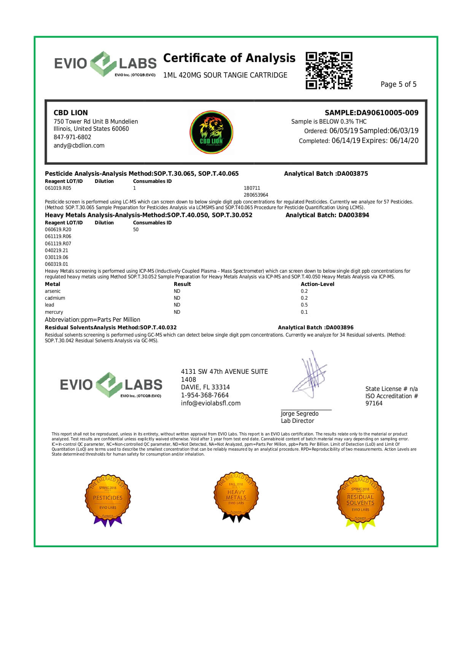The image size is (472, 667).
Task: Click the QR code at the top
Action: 329,71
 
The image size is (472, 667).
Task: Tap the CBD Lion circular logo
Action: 211,132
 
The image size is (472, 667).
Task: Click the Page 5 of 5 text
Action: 398,84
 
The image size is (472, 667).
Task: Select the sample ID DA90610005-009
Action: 387,113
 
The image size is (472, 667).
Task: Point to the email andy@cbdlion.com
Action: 79,146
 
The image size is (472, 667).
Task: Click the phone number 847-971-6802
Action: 72,137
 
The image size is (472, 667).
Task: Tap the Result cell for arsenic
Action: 177,291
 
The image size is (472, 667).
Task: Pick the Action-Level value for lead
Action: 304,305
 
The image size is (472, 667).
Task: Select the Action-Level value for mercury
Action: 304,312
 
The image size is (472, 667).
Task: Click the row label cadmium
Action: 55,298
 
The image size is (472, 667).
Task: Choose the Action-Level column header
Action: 317,284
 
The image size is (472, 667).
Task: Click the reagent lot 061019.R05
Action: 58,188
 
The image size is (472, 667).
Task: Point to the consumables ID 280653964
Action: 256,195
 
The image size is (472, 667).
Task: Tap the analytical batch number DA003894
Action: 354,215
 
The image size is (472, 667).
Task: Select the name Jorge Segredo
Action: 300,414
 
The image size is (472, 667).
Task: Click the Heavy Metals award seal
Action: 236,497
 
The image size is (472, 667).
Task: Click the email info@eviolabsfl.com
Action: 211,403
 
